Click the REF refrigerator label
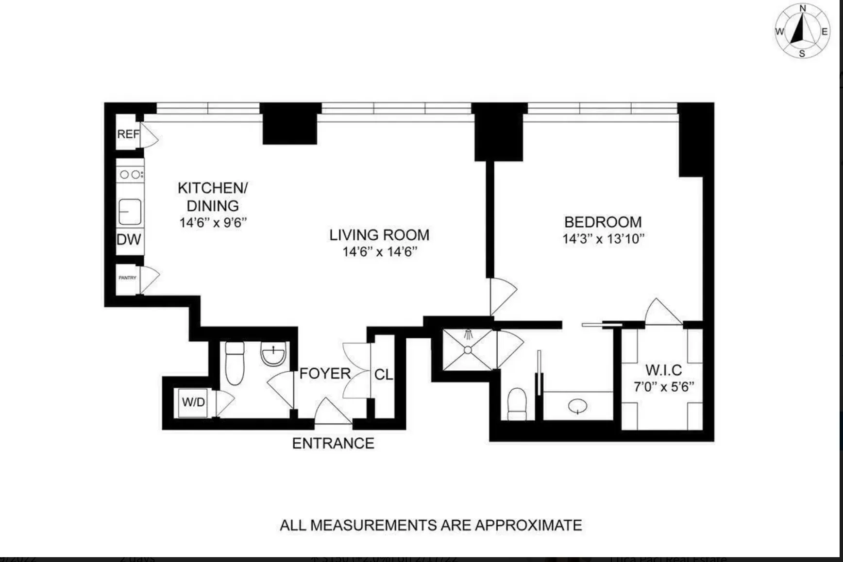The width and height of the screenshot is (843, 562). pos(128,134)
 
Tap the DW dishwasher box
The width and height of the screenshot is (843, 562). pos(129,239)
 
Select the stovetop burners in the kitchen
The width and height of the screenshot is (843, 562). pos(130,174)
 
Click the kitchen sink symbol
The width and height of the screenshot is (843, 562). pos(130,212)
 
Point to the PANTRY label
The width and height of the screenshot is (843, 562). pos(128,278)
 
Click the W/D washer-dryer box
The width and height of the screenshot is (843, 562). pos(193,402)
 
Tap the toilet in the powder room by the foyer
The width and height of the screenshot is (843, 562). pos(235,363)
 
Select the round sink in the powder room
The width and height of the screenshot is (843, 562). pos(273,353)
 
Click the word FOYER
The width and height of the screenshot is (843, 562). pos(325,374)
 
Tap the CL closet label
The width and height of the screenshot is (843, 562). pos(383,375)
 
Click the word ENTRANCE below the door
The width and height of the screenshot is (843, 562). pos(333,443)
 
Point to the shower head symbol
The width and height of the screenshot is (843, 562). pos(469,334)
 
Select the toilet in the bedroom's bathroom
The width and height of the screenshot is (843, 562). pos(517,403)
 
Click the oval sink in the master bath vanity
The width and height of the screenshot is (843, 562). pos(577,406)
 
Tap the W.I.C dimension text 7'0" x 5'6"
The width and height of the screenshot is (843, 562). pos(664,387)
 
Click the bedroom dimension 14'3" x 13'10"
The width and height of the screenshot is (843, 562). pos(603,239)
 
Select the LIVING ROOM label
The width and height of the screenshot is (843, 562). pos(379,235)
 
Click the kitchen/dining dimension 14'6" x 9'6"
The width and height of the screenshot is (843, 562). pos(213,223)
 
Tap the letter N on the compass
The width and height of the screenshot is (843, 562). pos(803,8)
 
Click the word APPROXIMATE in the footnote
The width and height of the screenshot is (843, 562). pos(528,525)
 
